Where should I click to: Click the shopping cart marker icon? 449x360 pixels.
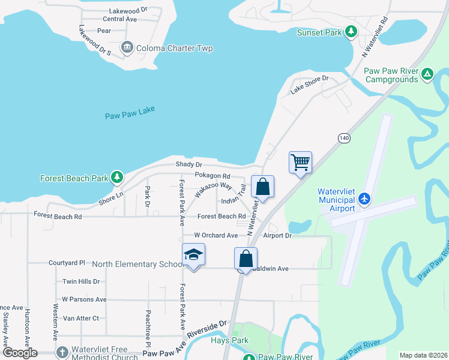tap(300, 162)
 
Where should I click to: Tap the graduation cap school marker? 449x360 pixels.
tap(193, 254)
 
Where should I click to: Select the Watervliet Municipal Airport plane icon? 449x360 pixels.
tap(364, 198)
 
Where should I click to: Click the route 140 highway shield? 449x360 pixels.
tap(343, 138)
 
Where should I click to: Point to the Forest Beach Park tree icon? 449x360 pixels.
tap(117, 178)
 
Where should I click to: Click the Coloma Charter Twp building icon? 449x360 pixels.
tap(127, 47)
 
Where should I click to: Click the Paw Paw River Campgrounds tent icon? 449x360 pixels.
tap(427, 74)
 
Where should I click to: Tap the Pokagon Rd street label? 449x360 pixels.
tap(212, 176)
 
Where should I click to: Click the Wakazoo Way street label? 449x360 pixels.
tap(212, 190)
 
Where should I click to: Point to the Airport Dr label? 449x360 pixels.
tap(276, 236)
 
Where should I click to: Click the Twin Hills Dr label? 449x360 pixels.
tap(81, 281)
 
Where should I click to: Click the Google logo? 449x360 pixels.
tap(20, 353)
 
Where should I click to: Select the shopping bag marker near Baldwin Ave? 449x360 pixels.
tap(246, 259)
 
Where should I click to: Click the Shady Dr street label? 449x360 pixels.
tap(188, 164)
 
